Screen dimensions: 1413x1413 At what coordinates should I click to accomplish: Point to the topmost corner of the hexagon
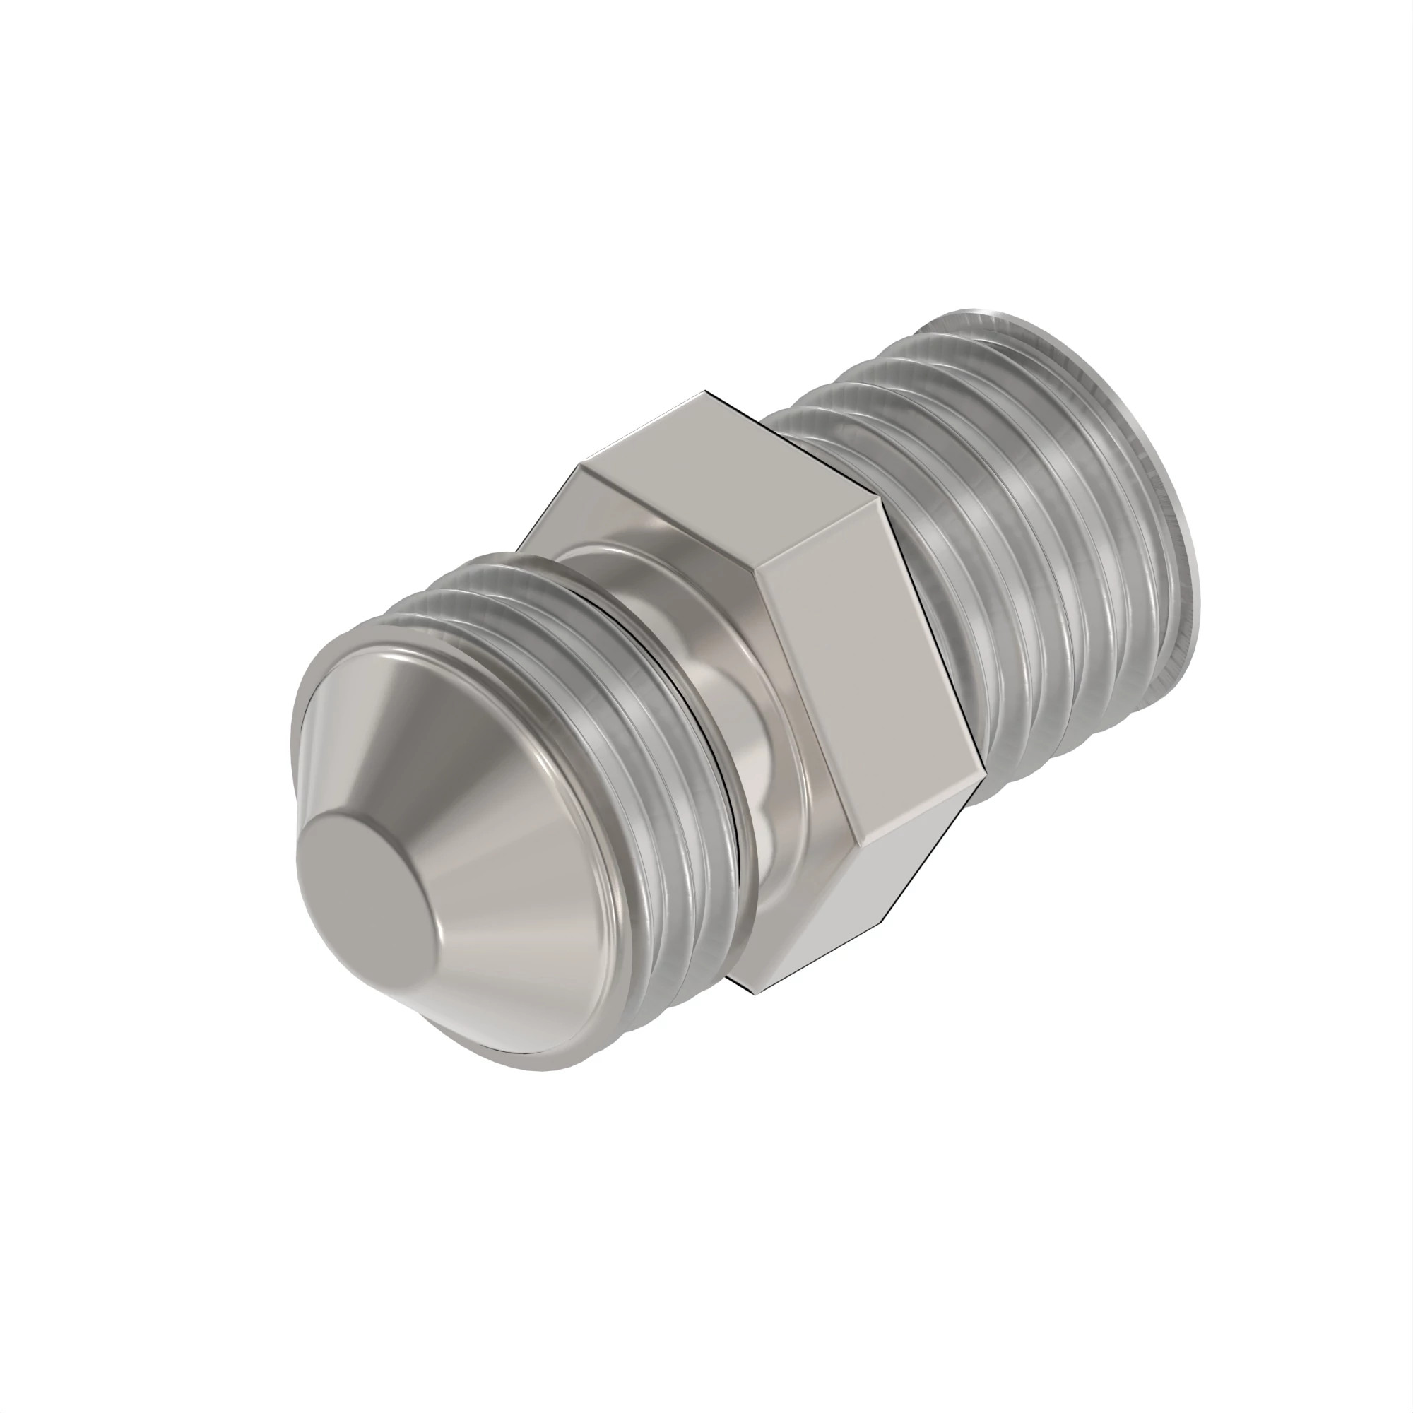click(706, 392)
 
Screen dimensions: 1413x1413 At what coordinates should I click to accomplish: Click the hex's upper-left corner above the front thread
click(581, 463)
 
